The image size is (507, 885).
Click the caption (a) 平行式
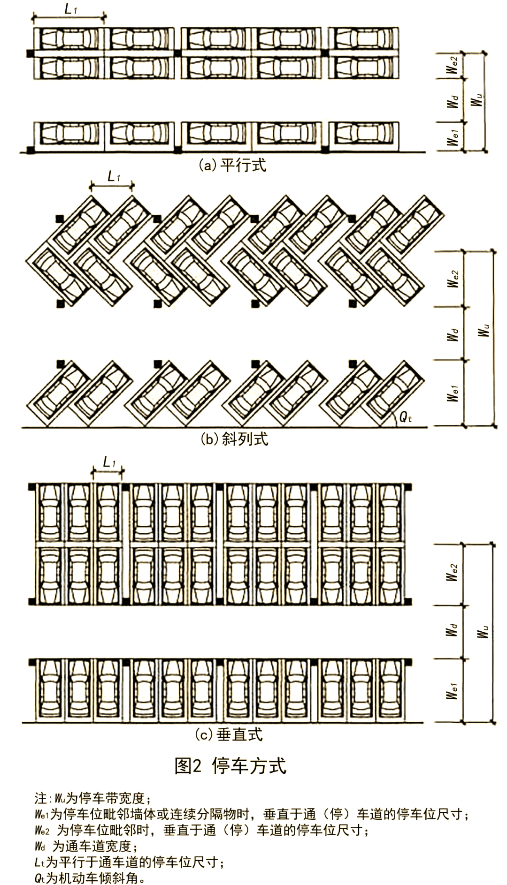coord(232,165)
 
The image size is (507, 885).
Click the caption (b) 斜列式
coord(234,439)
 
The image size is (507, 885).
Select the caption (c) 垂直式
coord(229,734)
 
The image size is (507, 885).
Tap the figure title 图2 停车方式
coord(230,766)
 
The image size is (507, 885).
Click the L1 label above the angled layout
coord(114,177)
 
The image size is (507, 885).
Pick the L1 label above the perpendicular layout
coord(109,462)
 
